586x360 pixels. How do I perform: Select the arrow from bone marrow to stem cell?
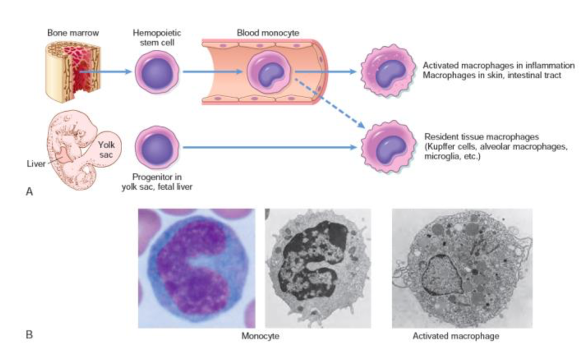click(106, 72)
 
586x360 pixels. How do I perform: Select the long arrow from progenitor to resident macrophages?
click(271, 146)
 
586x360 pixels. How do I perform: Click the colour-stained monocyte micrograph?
click(196, 268)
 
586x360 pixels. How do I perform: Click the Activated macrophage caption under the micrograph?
click(456, 337)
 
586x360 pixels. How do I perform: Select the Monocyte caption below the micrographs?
click(260, 337)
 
